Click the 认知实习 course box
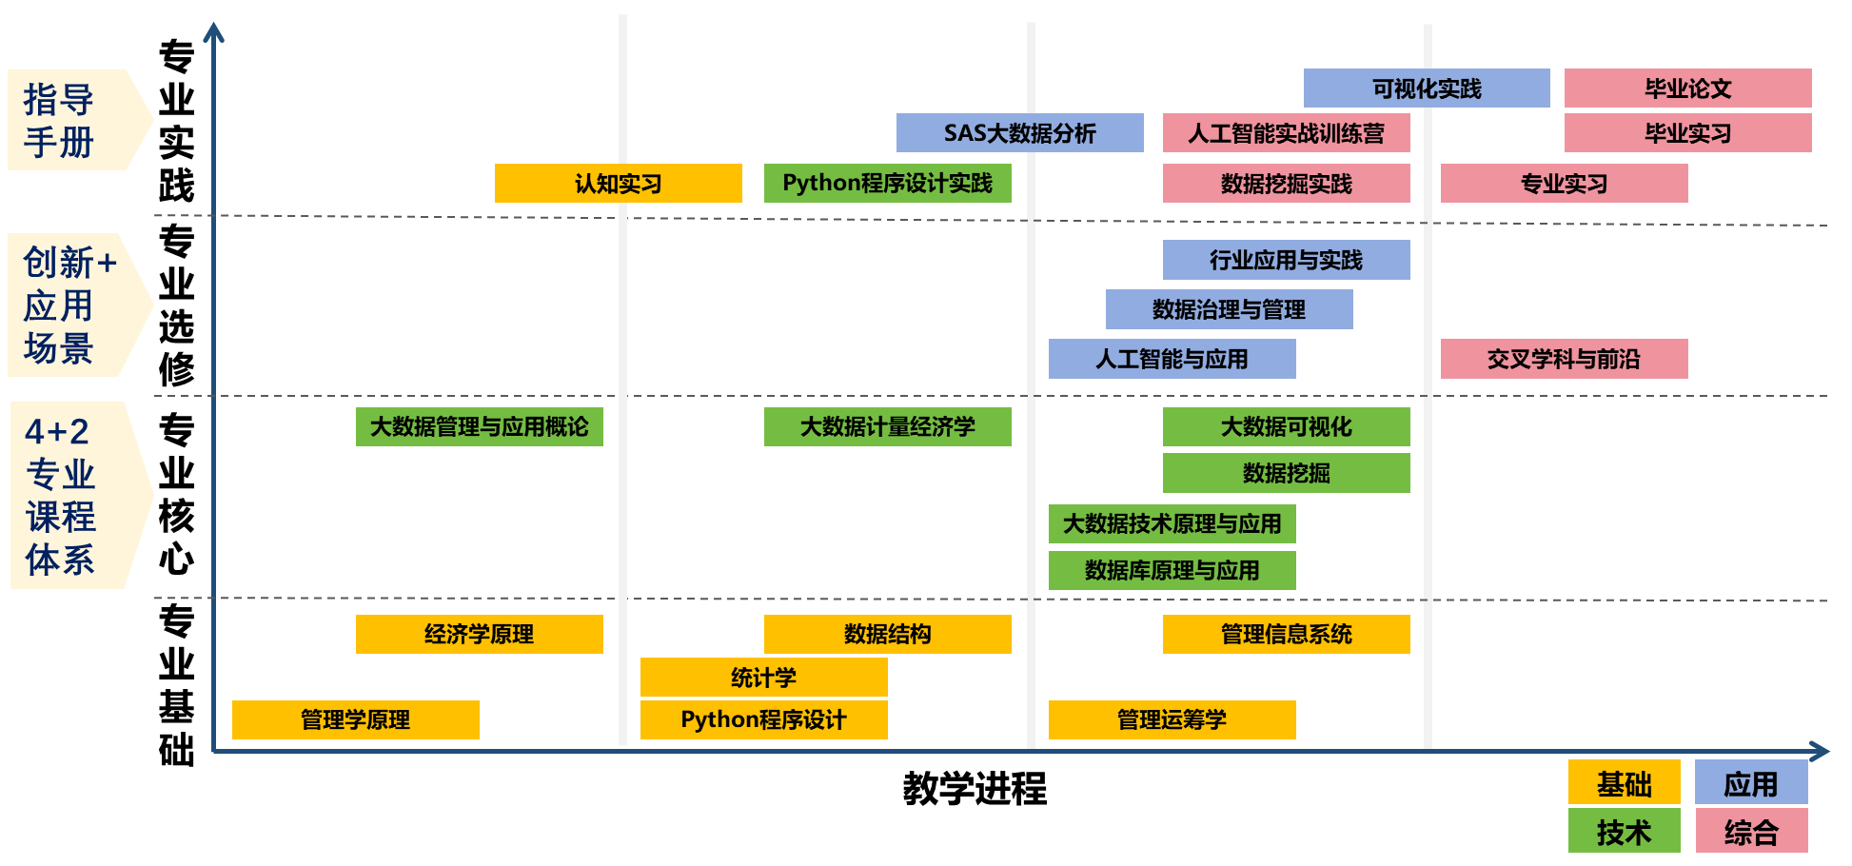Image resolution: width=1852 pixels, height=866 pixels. tap(618, 184)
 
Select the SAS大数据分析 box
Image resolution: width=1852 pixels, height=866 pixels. tap(1019, 133)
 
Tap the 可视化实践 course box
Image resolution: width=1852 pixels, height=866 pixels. tap(1426, 89)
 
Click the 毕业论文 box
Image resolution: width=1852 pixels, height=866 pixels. tap(1687, 89)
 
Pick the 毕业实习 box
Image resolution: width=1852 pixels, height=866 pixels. tap(1687, 133)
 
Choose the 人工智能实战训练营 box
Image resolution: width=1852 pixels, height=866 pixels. tap(1286, 133)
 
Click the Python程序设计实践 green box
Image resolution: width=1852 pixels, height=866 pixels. tap(887, 184)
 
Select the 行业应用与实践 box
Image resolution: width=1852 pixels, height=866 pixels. tap(1286, 260)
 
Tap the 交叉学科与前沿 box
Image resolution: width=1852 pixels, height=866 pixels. tap(1564, 359)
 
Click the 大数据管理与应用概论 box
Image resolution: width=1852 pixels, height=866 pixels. tap(479, 426)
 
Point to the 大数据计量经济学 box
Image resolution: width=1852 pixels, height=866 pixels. tap(887, 426)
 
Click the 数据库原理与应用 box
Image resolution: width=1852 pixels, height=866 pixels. tap(1172, 570)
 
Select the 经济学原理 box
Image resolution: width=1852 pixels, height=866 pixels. tap(479, 634)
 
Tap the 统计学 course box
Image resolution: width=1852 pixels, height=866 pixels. tap(763, 678)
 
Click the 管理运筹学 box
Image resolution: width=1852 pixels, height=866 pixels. tap(1172, 719)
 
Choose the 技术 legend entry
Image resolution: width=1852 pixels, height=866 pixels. tap(1624, 832)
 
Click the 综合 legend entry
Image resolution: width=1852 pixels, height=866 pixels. tap(1751, 832)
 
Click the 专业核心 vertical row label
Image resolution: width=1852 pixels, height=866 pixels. tap(176, 494)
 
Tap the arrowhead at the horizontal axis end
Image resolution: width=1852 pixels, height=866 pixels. tap(1821, 752)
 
